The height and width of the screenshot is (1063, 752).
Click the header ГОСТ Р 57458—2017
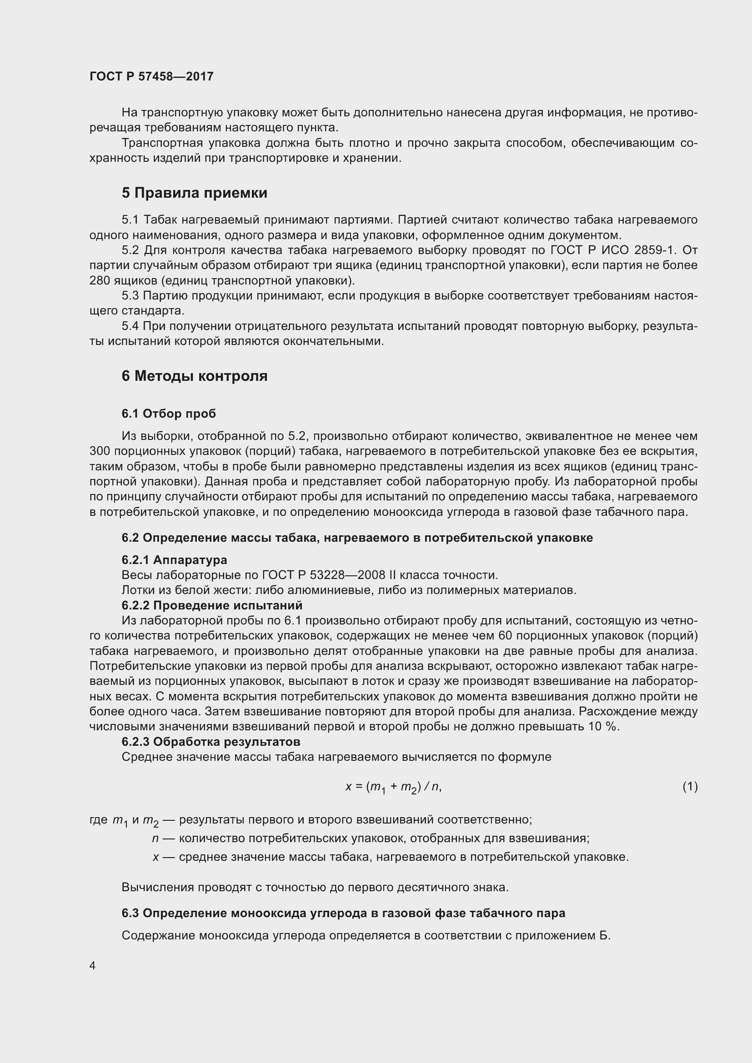151,76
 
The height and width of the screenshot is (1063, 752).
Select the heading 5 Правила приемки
195,193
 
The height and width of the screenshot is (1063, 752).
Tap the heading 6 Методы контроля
195,376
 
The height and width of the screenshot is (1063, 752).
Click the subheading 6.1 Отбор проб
169,414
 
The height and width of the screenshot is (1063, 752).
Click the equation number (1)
690,786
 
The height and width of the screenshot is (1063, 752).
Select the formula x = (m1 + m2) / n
394,787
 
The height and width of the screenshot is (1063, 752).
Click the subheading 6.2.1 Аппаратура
174,560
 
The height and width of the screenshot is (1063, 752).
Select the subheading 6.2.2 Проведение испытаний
212,605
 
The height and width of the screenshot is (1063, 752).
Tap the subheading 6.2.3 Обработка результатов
211,742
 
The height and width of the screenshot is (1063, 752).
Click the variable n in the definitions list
155,838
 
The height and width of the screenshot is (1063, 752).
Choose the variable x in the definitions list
155,857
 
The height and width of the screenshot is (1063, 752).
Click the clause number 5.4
130,326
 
